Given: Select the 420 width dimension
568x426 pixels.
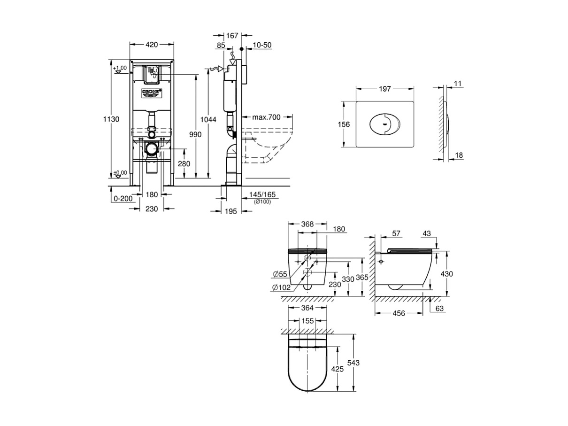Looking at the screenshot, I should tap(151, 45).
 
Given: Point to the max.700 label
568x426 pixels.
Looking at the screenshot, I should tap(266, 117).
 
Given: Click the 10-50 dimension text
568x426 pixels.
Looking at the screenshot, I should tap(262, 45).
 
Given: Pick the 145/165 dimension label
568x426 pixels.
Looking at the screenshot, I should tap(262, 194).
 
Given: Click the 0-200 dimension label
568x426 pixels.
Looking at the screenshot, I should tap(123, 199).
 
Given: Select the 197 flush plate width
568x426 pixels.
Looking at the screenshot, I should tap(385, 90).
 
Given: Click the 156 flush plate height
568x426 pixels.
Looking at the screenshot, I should tap(344, 124).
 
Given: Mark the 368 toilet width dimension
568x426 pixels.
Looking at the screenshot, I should tap(307, 225).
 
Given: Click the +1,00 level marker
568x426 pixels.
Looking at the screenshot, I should tap(120, 69).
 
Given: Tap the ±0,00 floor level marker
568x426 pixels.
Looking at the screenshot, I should tap(120, 173).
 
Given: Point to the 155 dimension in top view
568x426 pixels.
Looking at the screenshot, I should tap(307, 321).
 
